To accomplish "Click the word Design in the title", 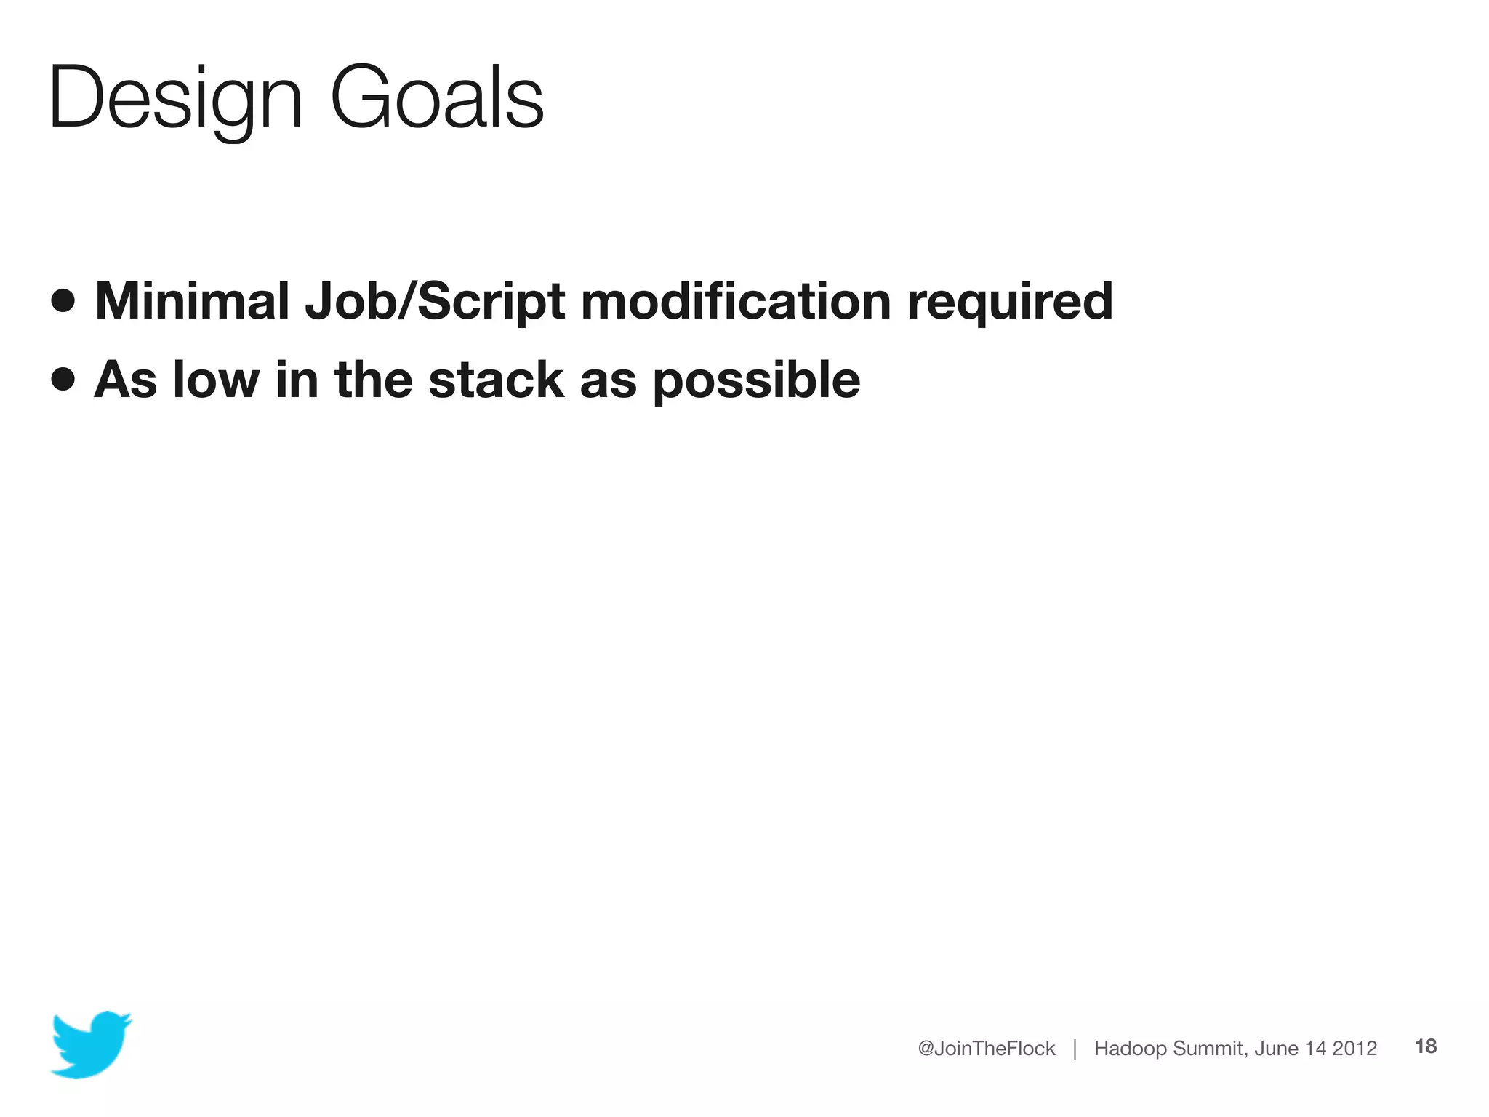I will pos(174,98).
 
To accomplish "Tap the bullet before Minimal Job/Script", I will pos(63,300).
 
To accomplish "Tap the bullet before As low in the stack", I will pos(63,379).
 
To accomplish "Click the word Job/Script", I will pos(434,302).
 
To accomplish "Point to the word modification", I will pos(735,300).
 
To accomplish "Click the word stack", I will pos(496,380).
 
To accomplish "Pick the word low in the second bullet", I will pos(216,380).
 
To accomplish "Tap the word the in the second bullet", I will pos(373,380).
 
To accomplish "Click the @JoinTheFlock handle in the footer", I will pos(986,1048).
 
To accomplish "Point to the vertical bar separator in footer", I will pos(1075,1048).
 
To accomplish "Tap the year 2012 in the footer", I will pos(1354,1048).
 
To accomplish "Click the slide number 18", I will pos(1426,1046).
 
